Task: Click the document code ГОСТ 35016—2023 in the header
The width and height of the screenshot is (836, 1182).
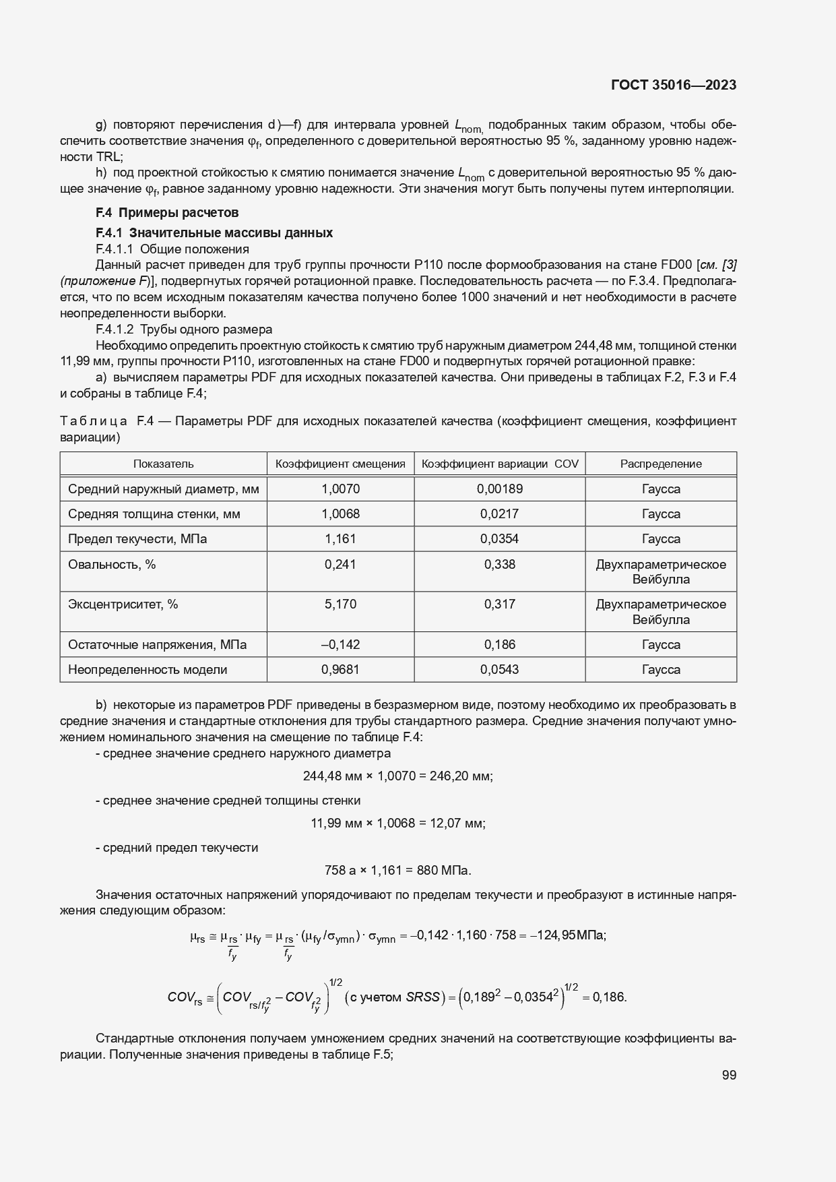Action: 673,85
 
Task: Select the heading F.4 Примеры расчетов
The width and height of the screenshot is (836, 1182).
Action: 167,213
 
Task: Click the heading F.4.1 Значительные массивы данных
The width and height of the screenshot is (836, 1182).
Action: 214,232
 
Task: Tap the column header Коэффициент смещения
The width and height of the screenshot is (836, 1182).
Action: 340,464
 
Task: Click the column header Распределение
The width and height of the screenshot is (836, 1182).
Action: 660,464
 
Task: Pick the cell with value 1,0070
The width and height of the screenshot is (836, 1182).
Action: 340,489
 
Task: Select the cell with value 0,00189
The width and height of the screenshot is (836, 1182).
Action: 499,489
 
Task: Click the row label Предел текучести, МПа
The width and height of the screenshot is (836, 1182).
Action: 137,538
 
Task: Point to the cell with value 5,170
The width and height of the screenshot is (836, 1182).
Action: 340,604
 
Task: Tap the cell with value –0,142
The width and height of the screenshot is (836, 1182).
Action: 340,644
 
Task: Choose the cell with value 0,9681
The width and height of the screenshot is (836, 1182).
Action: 340,669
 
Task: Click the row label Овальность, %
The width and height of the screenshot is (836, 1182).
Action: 112,564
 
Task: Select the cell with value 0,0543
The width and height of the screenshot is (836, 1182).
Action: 499,669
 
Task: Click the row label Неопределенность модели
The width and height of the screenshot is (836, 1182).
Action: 148,669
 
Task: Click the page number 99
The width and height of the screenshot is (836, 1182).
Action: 729,1076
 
